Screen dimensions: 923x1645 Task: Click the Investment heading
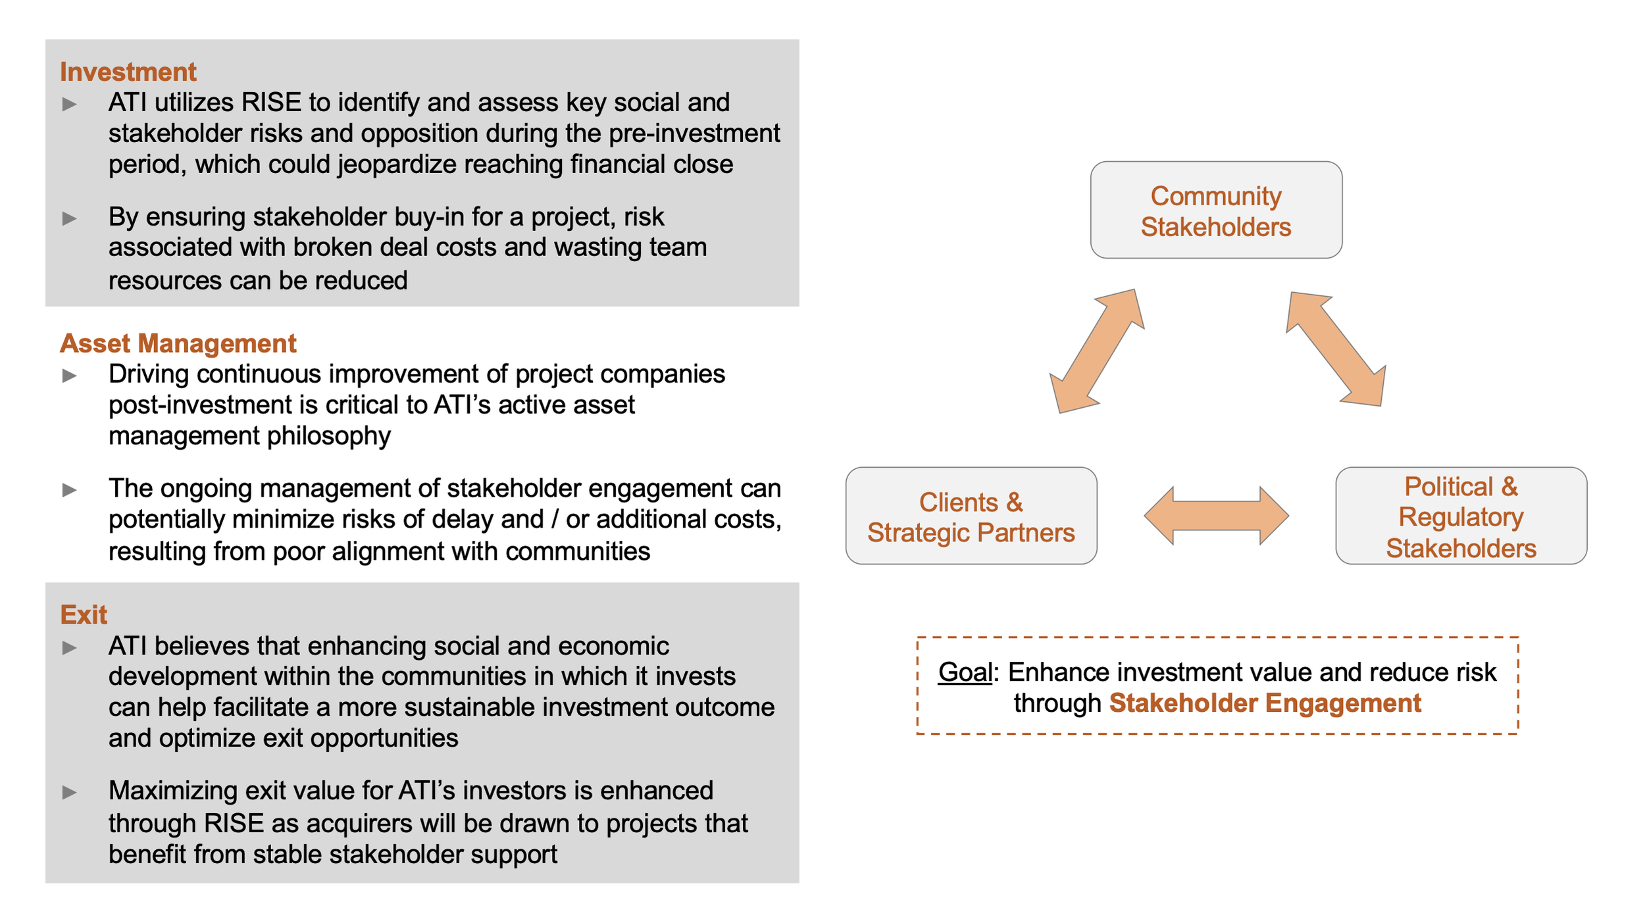click(x=128, y=72)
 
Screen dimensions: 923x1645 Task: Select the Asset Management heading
click(x=178, y=343)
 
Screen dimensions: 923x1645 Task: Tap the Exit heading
click(x=83, y=614)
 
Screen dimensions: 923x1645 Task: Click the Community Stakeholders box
click(x=1216, y=211)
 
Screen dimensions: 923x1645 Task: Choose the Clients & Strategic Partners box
click(x=971, y=516)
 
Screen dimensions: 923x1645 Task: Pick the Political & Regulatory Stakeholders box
click(x=1461, y=516)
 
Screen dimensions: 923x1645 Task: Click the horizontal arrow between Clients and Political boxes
click(x=1216, y=516)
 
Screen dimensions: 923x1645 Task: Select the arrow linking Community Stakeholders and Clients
click(x=1096, y=351)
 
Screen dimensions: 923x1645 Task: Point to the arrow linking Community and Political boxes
click(x=1336, y=349)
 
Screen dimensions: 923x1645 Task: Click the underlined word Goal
click(x=965, y=672)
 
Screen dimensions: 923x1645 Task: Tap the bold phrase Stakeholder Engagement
click(x=1265, y=703)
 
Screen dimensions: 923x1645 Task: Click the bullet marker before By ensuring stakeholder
click(x=69, y=218)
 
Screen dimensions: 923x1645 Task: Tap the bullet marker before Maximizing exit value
click(x=69, y=792)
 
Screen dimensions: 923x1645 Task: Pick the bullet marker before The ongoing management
click(x=69, y=490)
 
